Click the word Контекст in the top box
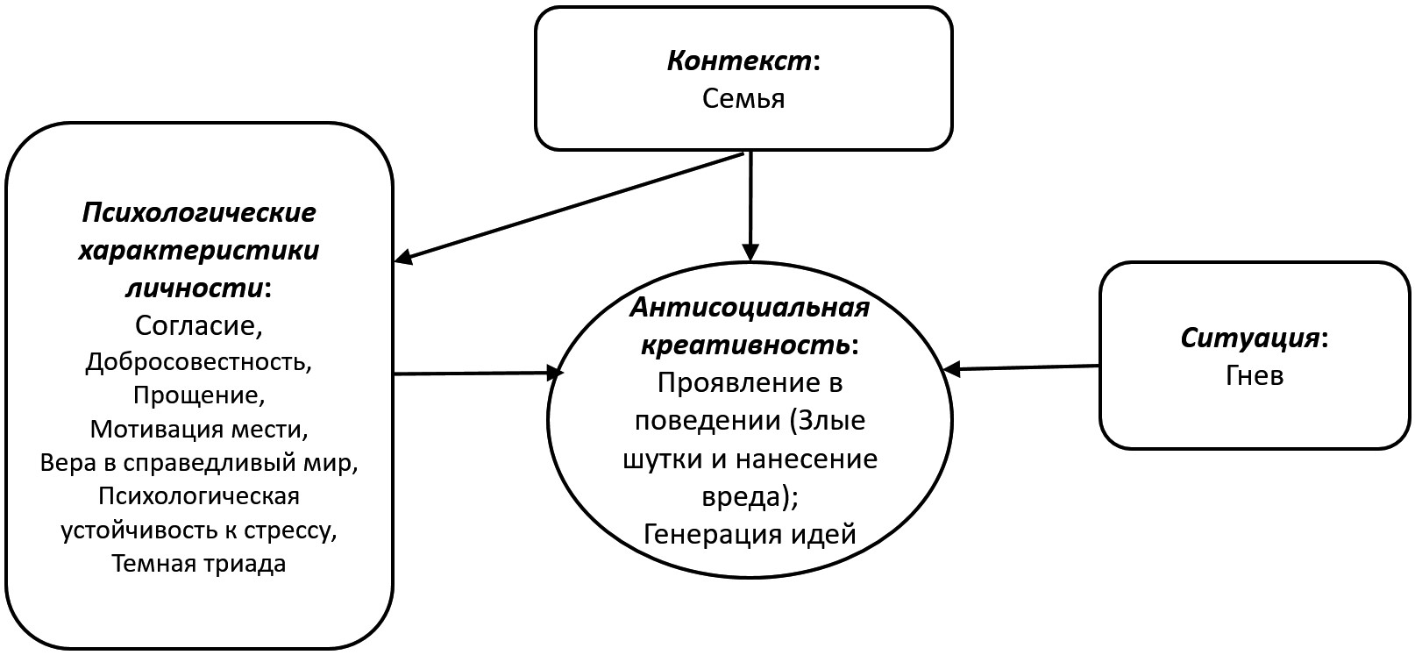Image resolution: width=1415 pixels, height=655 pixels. point(739,61)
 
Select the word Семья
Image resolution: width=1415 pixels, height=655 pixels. point(743,98)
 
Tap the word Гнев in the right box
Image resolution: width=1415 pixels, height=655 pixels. point(1254,375)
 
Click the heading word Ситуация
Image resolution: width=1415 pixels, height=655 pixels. point(1249,338)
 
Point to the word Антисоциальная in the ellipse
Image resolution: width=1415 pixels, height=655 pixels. point(750,308)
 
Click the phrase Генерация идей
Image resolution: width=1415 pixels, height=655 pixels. point(750,533)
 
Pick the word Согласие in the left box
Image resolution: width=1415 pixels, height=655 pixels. point(199,325)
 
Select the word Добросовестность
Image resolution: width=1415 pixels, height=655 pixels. point(199,361)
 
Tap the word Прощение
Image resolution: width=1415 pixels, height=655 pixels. point(199,395)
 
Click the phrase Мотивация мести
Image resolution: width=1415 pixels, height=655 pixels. point(199,430)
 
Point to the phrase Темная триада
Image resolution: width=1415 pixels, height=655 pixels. point(199,563)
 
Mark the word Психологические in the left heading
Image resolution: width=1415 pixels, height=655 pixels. point(199,212)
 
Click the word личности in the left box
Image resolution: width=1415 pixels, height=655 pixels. point(196,288)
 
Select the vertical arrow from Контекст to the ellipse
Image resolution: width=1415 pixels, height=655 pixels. point(750,206)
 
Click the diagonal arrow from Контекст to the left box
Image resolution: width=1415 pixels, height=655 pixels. point(570,208)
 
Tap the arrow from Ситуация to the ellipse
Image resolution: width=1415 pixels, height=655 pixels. point(1021,368)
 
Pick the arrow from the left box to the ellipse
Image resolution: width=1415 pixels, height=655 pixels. point(478,374)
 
